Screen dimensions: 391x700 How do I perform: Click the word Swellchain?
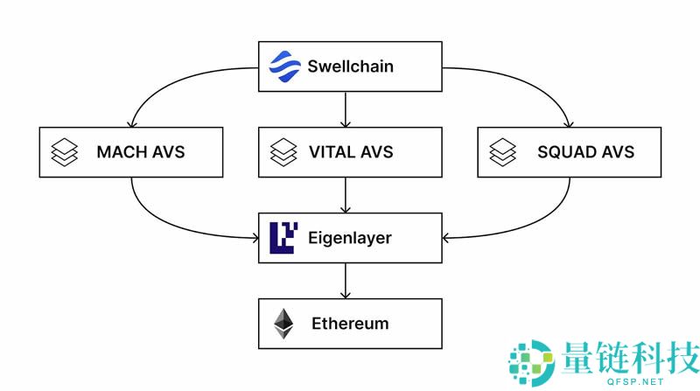pos(350,66)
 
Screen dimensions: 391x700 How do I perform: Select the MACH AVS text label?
pos(141,152)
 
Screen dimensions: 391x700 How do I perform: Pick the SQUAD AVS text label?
pos(585,152)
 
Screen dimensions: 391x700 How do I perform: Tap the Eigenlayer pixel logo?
pos(283,238)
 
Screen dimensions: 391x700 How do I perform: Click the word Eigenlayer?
pos(349,238)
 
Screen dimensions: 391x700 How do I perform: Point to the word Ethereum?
pos(350,324)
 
